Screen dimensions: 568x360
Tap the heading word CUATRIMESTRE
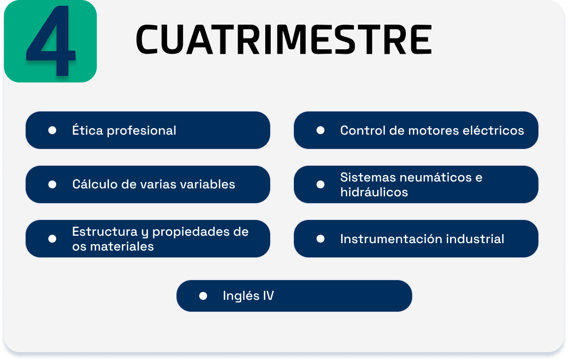click(x=284, y=40)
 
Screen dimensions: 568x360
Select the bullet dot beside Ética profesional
click(x=52, y=130)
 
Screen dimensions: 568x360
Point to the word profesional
click(x=142, y=131)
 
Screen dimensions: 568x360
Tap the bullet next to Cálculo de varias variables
click(x=52, y=184)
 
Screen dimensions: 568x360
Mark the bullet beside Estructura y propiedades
click(x=52, y=239)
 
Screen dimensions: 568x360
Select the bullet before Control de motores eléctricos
click(x=320, y=130)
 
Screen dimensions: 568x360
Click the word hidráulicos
click(x=374, y=192)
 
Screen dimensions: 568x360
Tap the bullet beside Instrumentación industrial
click(x=320, y=239)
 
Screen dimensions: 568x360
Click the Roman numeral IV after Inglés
click(x=268, y=296)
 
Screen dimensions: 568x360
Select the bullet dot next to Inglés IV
click(x=203, y=296)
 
